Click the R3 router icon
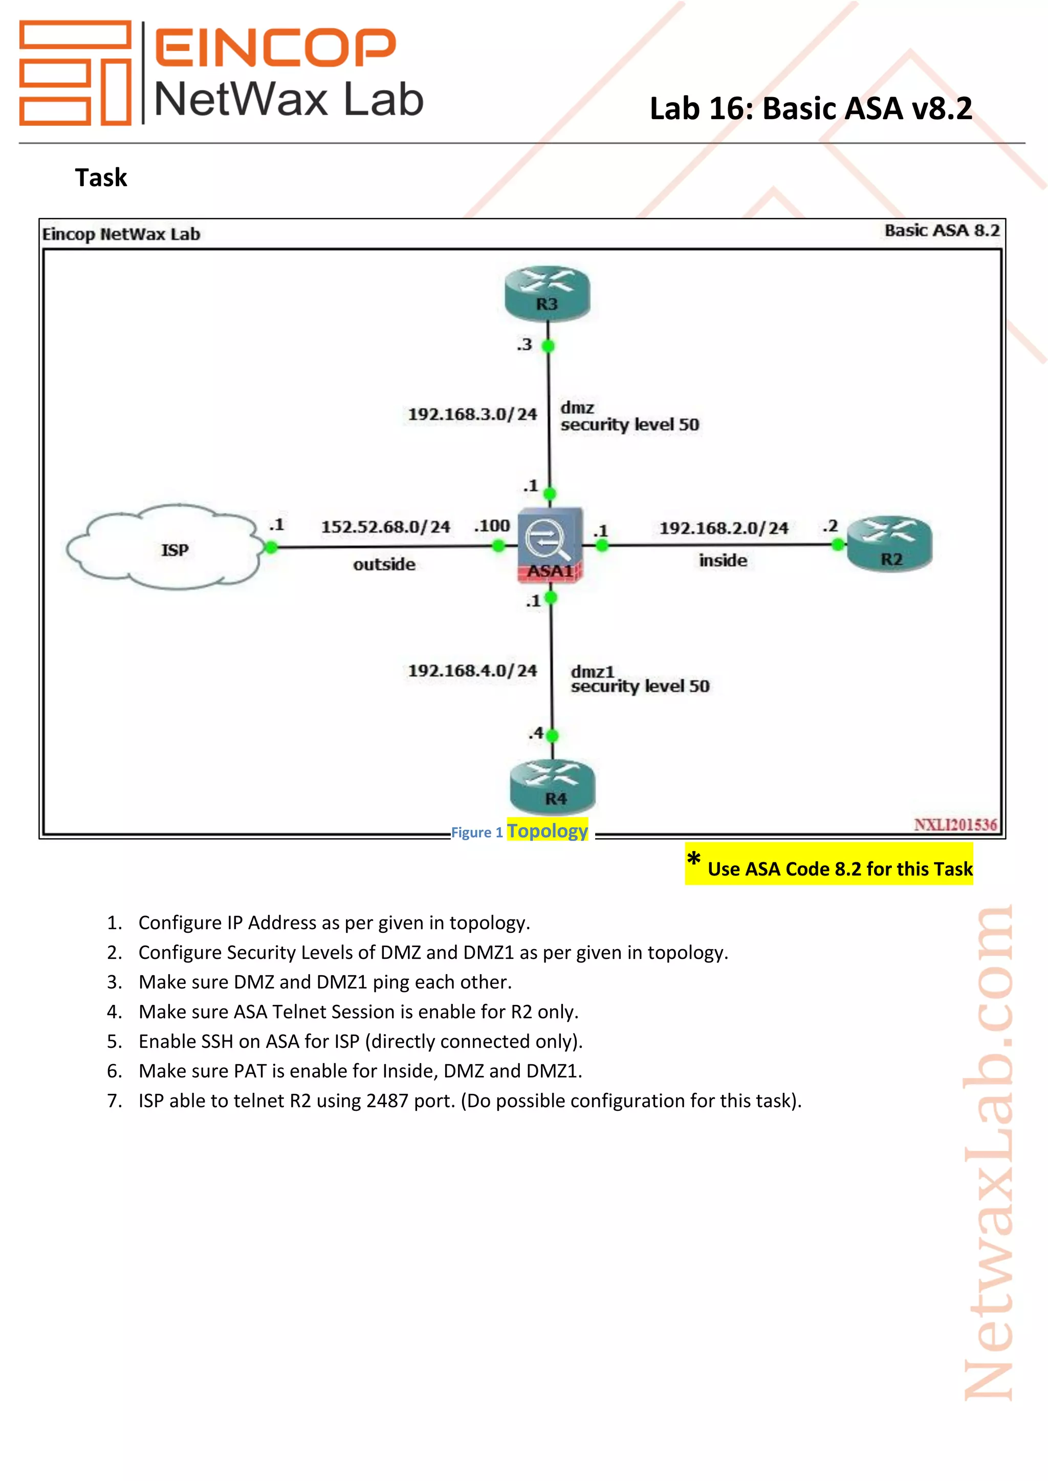tap(547, 294)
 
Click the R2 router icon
tap(889, 545)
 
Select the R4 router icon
tap(552, 787)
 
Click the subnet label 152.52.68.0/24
tap(385, 527)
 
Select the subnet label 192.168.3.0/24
tap(472, 414)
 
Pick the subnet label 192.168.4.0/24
tap(472, 671)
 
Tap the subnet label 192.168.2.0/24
tap(724, 528)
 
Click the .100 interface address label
tap(492, 526)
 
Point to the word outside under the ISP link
tap(384, 565)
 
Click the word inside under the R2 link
tap(723, 560)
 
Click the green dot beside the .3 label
tap(548, 346)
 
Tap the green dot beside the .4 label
tap(552, 735)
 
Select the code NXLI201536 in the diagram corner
tap(955, 824)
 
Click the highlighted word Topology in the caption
tap(547, 831)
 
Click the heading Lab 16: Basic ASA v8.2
tap(811, 108)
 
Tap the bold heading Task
tap(101, 177)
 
